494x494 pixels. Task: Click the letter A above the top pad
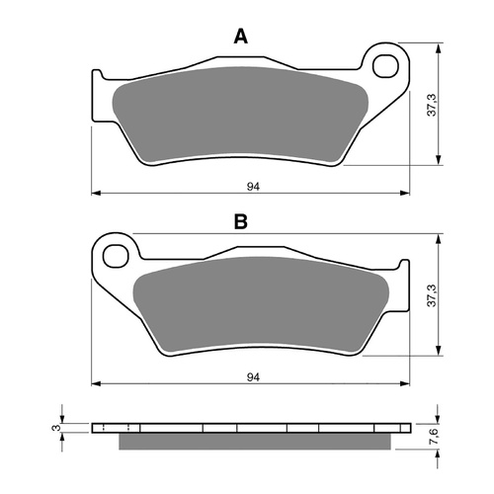click(x=240, y=38)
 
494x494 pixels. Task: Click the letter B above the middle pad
click(x=240, y=223)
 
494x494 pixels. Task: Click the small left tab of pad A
click(x=98, y=75)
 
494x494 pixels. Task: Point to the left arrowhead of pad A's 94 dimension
click(x=94, y=191)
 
